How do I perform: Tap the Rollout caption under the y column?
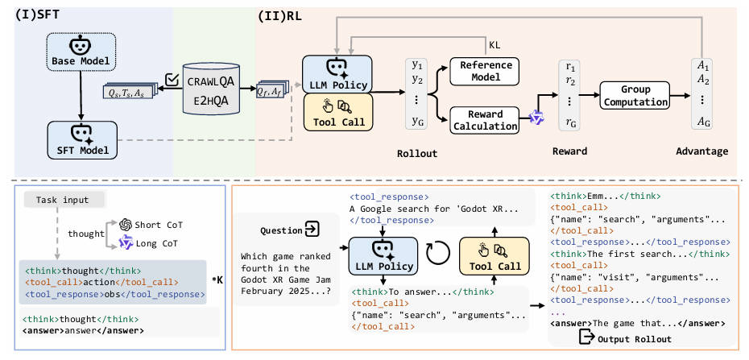tap(417, 151)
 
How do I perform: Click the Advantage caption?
tap(701, 151)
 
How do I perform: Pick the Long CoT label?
tap(156, 243)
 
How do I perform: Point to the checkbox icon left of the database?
tap(171, 79)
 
